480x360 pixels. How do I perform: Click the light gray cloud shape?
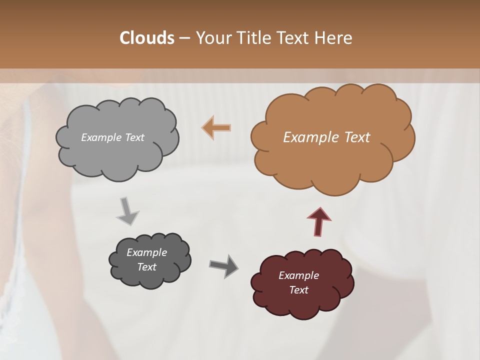(117, 155)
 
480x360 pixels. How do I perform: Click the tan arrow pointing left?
(217, 127)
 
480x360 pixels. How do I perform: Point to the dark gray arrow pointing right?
(223, 266)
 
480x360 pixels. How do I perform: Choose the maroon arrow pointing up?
(319, 221)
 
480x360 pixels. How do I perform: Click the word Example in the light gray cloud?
(101, 137)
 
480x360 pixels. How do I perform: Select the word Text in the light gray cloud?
(134, 137)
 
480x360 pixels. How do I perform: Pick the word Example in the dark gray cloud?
(146, 252)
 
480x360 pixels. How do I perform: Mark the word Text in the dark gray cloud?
(146, 267)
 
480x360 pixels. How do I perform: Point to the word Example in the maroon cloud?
(298, 275)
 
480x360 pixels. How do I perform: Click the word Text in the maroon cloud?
(298, 290)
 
